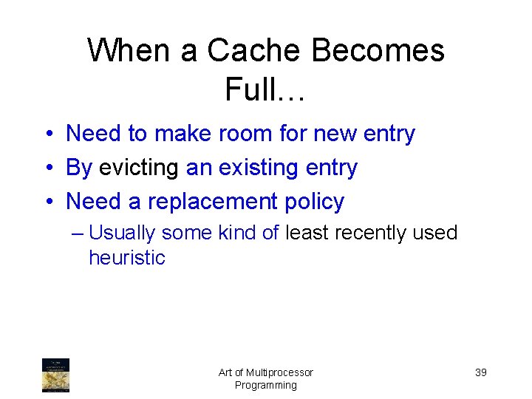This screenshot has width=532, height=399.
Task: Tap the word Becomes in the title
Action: [378, 51]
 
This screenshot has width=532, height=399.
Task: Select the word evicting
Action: [139, 168]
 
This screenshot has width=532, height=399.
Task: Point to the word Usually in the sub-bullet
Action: [122, 233]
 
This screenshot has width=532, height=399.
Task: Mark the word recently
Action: [371, 233]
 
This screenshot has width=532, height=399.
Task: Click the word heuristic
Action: [126, 258]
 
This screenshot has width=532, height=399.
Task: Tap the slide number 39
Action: [480, 372]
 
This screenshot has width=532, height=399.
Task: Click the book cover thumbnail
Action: [55, 375]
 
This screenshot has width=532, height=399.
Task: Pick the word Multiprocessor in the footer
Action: [279, 372]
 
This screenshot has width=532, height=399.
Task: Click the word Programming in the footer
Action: [266, 385]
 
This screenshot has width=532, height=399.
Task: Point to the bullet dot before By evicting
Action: [47, 168]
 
